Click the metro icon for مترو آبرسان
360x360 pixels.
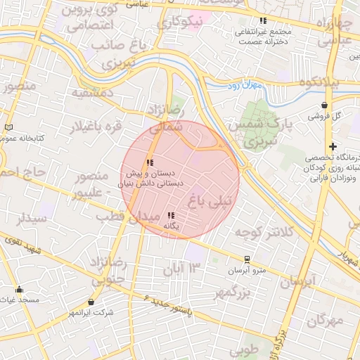point(247,259)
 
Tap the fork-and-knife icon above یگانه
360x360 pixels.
point(171,216)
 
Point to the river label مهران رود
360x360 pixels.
point(243,85)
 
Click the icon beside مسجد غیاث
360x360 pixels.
point(19,289)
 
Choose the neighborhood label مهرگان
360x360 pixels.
point(326,321)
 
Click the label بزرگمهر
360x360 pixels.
point(231,292)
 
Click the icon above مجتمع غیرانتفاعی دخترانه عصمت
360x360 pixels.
point(263,21)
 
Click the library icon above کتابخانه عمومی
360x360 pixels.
point(8,127)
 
